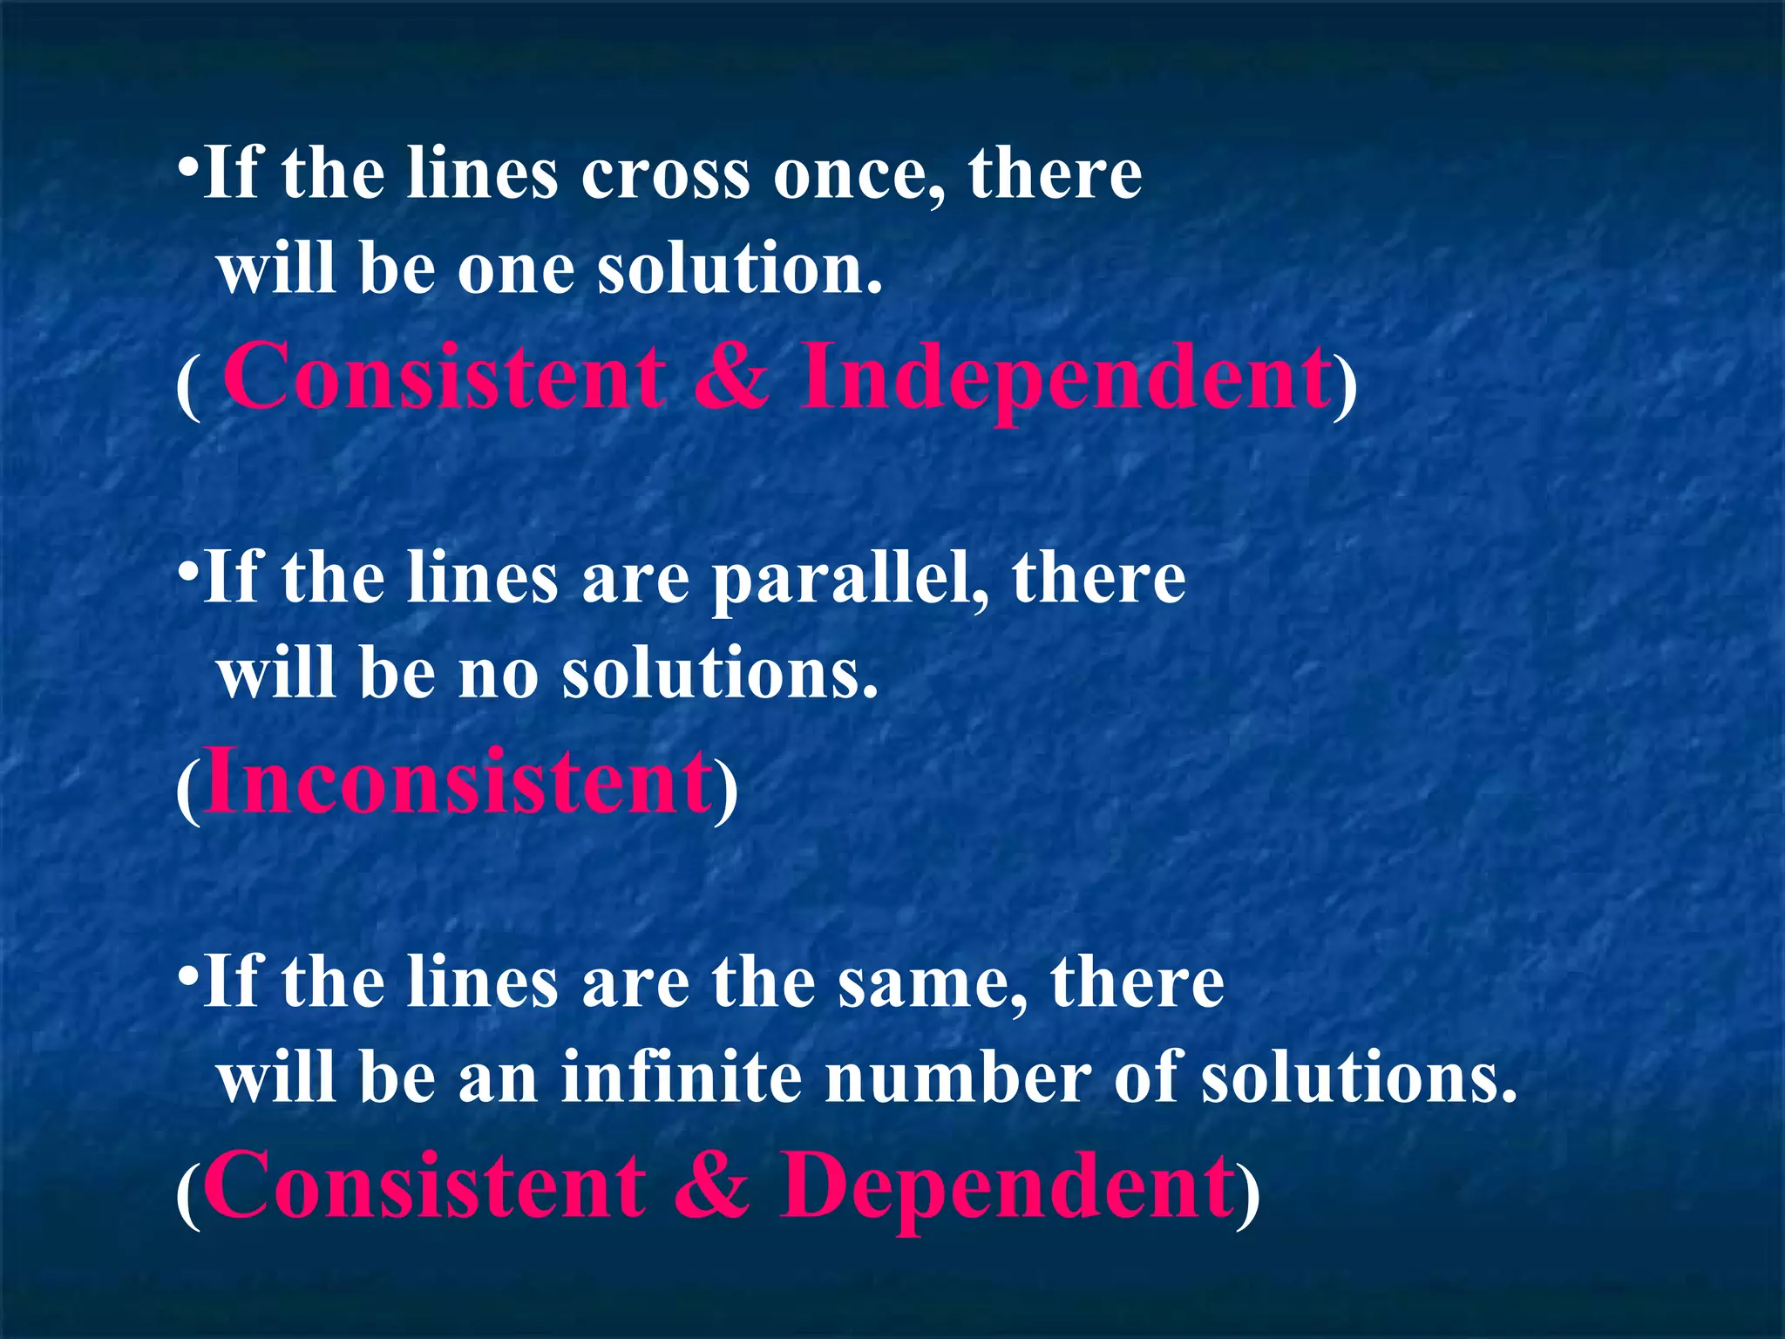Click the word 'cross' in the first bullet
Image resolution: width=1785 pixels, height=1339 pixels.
665,174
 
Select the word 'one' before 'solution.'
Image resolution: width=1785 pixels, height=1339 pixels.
515,269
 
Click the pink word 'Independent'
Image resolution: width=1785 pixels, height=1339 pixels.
1065,377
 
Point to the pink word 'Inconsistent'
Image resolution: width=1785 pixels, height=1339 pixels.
458,782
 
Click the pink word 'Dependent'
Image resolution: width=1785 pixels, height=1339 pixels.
1007,1186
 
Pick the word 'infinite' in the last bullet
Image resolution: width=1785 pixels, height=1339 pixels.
681,1077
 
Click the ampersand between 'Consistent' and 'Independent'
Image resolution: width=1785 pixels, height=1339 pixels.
732,377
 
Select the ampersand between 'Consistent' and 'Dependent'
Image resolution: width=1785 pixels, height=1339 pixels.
711,1186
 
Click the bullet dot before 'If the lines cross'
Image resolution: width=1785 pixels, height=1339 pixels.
187,166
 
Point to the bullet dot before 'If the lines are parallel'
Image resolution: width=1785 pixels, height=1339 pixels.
187,570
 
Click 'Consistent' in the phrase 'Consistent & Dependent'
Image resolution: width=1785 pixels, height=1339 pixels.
424,1186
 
